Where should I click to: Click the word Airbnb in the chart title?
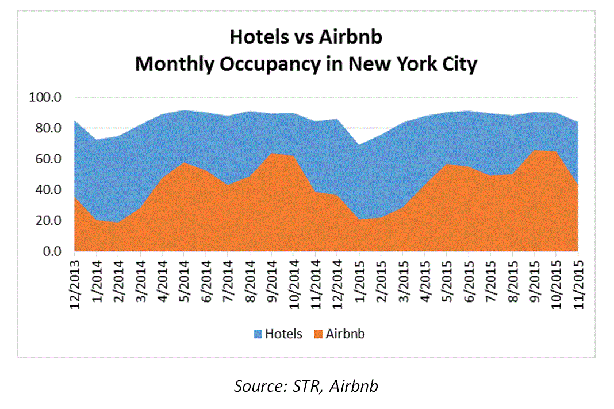click(x=351, y=37)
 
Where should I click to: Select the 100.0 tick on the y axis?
click(x=44, y=97)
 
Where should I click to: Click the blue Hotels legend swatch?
click(x=256, y=334)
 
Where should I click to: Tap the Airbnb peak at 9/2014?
click(x=271, y=154)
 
